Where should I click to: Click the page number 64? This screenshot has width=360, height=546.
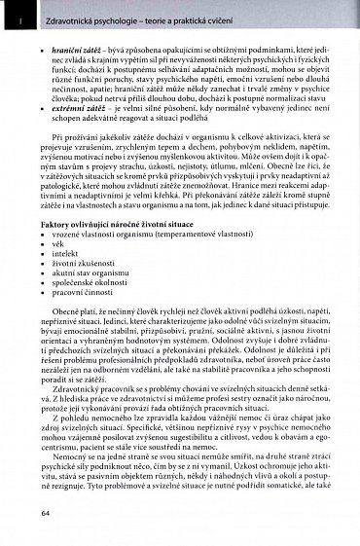click(x=46, y=513)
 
